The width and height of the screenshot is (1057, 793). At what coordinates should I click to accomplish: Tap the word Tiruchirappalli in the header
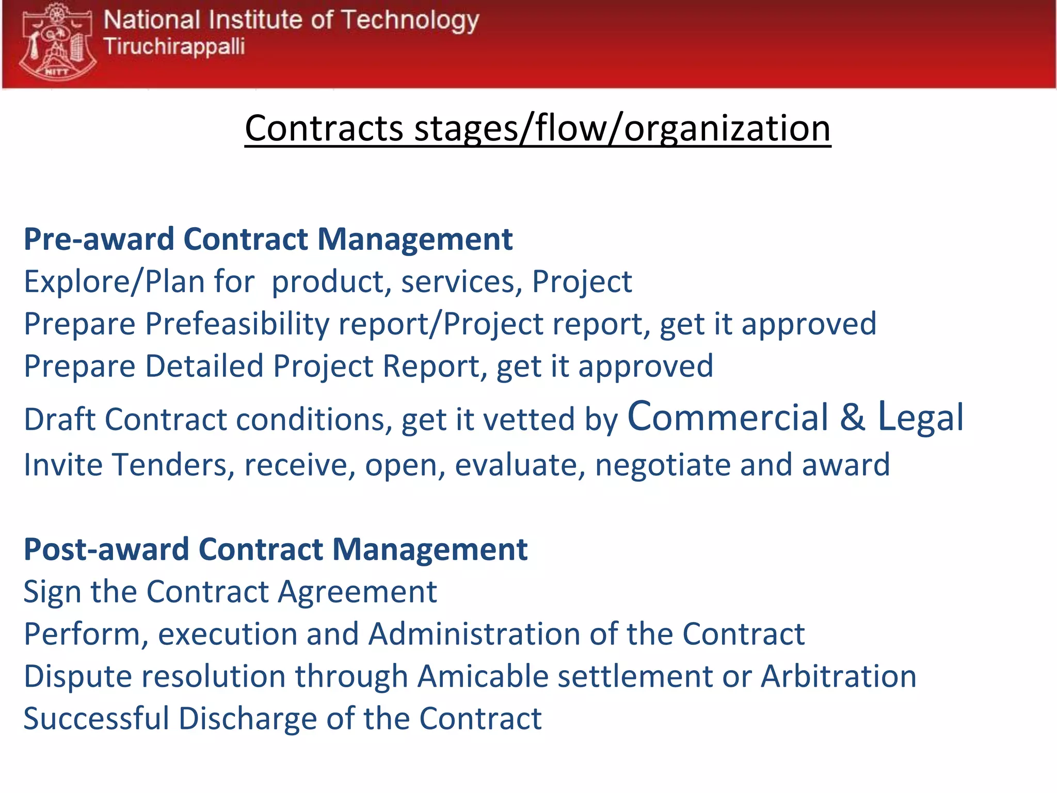[x=174, y=46]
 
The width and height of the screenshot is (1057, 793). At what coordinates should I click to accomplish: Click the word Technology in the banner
[x=410, y=21]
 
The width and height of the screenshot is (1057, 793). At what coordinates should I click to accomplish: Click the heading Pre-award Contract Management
[x=268, y=240]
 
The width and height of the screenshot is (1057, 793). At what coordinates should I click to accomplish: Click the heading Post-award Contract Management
[x=276, y=549]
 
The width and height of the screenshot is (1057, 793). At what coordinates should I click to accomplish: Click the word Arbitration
[x=839, y=676]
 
